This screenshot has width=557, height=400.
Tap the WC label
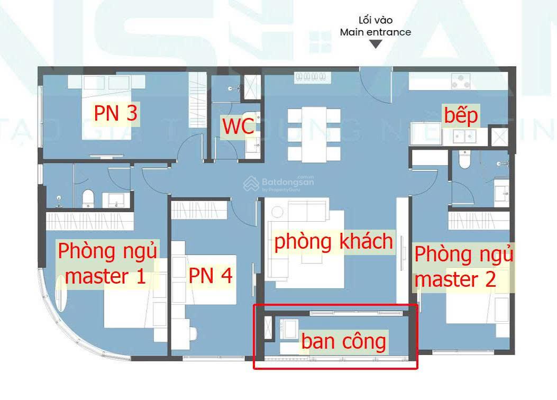coord(238,127)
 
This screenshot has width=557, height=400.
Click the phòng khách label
coord(333,242)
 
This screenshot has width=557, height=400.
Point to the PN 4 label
coord(211,276)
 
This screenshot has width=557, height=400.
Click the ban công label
coord(344,341)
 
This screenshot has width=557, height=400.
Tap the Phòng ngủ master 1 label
coord(107,263)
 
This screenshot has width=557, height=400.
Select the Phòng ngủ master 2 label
coord(463,266)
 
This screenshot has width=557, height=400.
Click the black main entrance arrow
coord(375,44)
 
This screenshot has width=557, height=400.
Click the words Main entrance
coord(375,32)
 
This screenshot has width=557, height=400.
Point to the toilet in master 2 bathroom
coord(464,159)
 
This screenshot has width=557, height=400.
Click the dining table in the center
coord(314,134)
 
